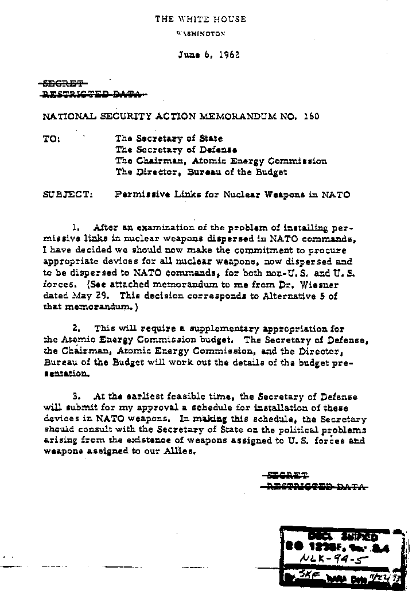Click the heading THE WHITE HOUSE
coord(200,19)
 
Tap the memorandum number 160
coord(312,116)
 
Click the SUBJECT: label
coord(67,194)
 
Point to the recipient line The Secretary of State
coord(169,138)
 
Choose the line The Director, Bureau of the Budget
coord(201,172)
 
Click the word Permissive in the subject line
coord(138,194)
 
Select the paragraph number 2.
coord(84,329)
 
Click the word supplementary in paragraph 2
coord(192,329)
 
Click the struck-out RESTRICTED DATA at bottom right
coord(314,487)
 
